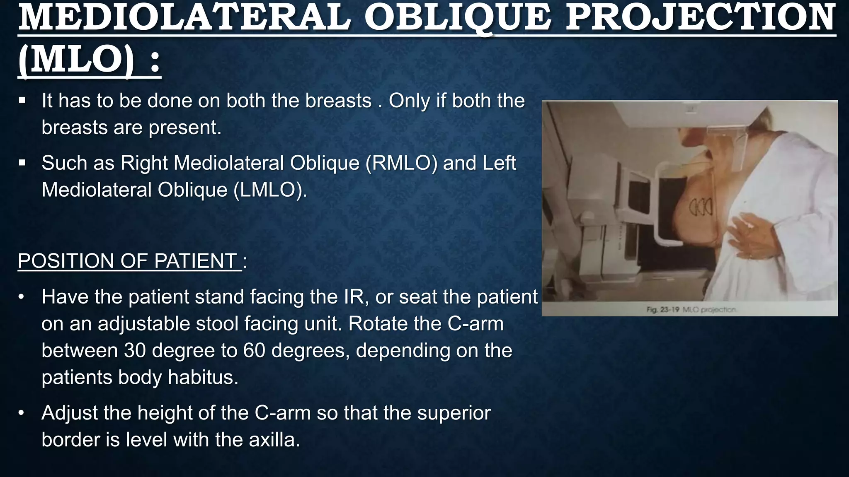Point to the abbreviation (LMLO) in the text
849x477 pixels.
(x=270, y=190)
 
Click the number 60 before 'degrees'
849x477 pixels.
(x=254, y=350)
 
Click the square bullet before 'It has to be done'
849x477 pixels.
(x=22, y=101)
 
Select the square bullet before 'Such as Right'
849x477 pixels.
(x=22, y=163)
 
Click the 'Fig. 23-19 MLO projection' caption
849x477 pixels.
(x=691, y=309)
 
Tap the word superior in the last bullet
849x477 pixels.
(x=454, y=413)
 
